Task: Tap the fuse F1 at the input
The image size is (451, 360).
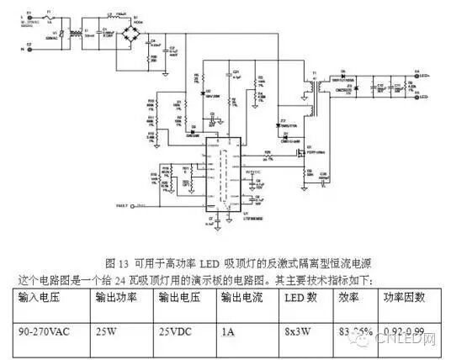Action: [x=49, y=18]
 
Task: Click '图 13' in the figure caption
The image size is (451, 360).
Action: [x=118, y=262]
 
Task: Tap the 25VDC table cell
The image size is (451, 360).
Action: [x=174, y=331]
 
